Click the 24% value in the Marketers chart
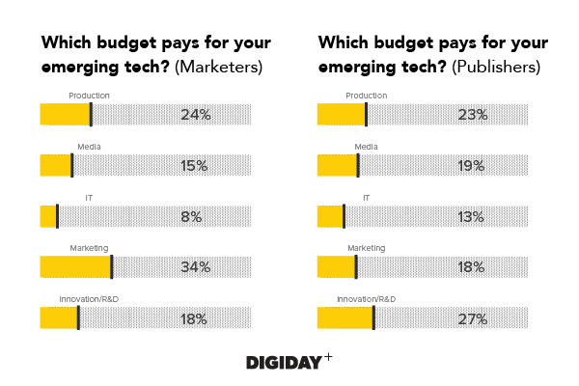(x=195, y=115)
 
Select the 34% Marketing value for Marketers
(x=195, y=267)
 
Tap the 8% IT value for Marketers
(x=191, y=217)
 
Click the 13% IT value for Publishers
(x=471, y=217)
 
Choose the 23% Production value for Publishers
(x=473, y=115)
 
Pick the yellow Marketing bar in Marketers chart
(x=75, y=267)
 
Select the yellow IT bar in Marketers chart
(x=48, y=216)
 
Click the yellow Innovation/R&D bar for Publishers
(x=345, y=318)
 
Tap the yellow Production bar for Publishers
(x=342, y=114)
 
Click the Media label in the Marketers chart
(x=89, y=147)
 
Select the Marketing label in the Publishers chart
(x=366, y=248)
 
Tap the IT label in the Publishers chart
(x=366, y=197)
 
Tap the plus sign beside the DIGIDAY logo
(x=328, y=356)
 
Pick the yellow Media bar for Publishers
(x=337, y=165)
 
